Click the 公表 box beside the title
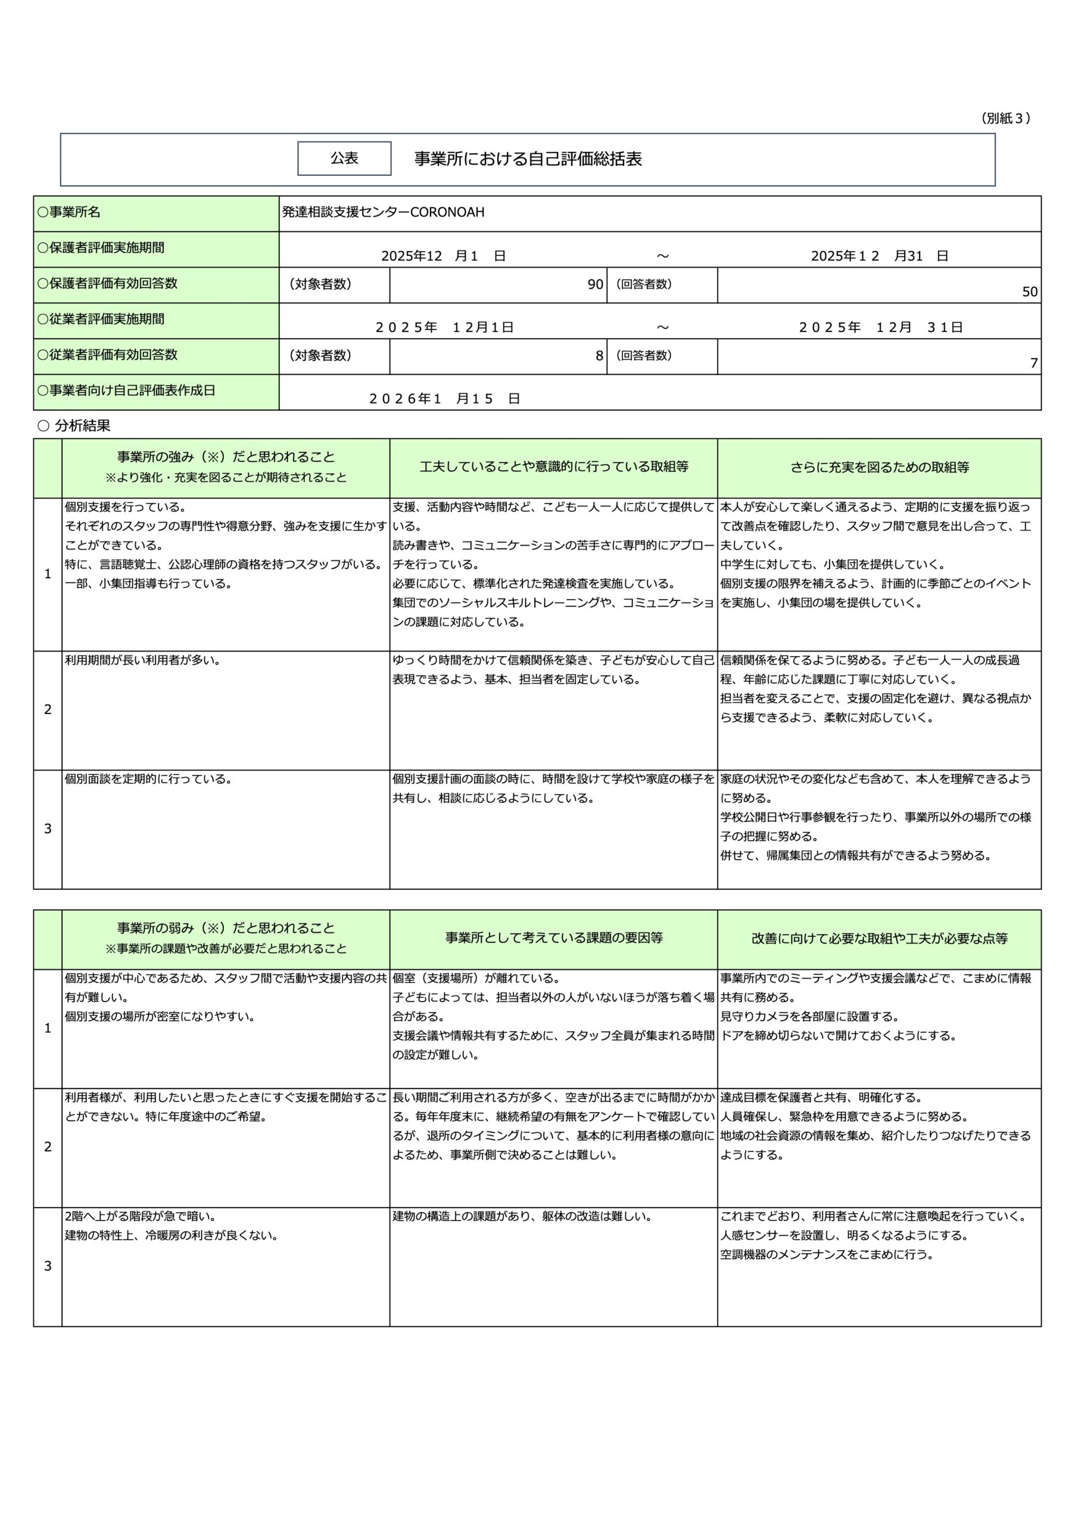pos(344,158)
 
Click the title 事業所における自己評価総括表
pos(528,159)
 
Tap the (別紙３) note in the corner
pos(1005,118)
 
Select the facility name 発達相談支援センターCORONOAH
pos(383,212)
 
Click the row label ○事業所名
pos(69,212)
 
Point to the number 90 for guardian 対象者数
pos(594,284)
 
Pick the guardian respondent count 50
pos(1029,291)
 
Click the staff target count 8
pos(599,356)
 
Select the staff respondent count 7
pos(1033,363)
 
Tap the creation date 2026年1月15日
pos(444,398)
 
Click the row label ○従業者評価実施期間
pos(101,319)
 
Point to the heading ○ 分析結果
pos(74,426)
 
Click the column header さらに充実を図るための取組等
pos(878,467)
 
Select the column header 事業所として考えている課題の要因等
pos(553,938)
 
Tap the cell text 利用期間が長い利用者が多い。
pos(142,660)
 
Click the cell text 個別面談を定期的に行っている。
pos(148,779)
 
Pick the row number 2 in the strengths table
pos(48,709)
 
